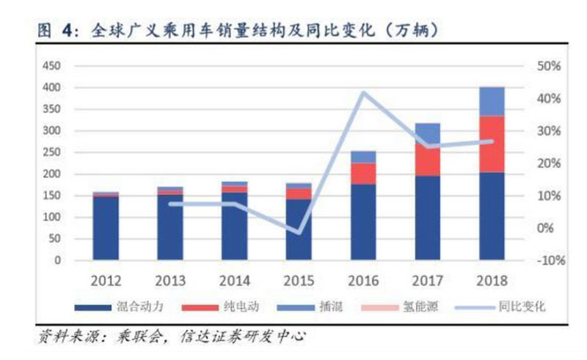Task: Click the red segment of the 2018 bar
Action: [x=492, y=144]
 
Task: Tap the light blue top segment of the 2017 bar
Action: [x=427, y=133]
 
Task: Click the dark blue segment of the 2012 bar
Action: [x=106, y=228]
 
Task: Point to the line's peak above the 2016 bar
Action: [x=363, y=92]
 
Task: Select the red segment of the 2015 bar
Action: [x=299, y=194]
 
